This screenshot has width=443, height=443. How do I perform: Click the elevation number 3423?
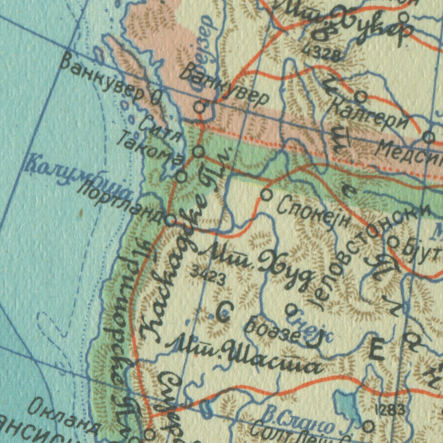click(208, 275)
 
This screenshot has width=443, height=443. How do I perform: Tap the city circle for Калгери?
click(361, 97)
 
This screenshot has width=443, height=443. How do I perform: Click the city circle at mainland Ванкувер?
click(200, 106)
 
